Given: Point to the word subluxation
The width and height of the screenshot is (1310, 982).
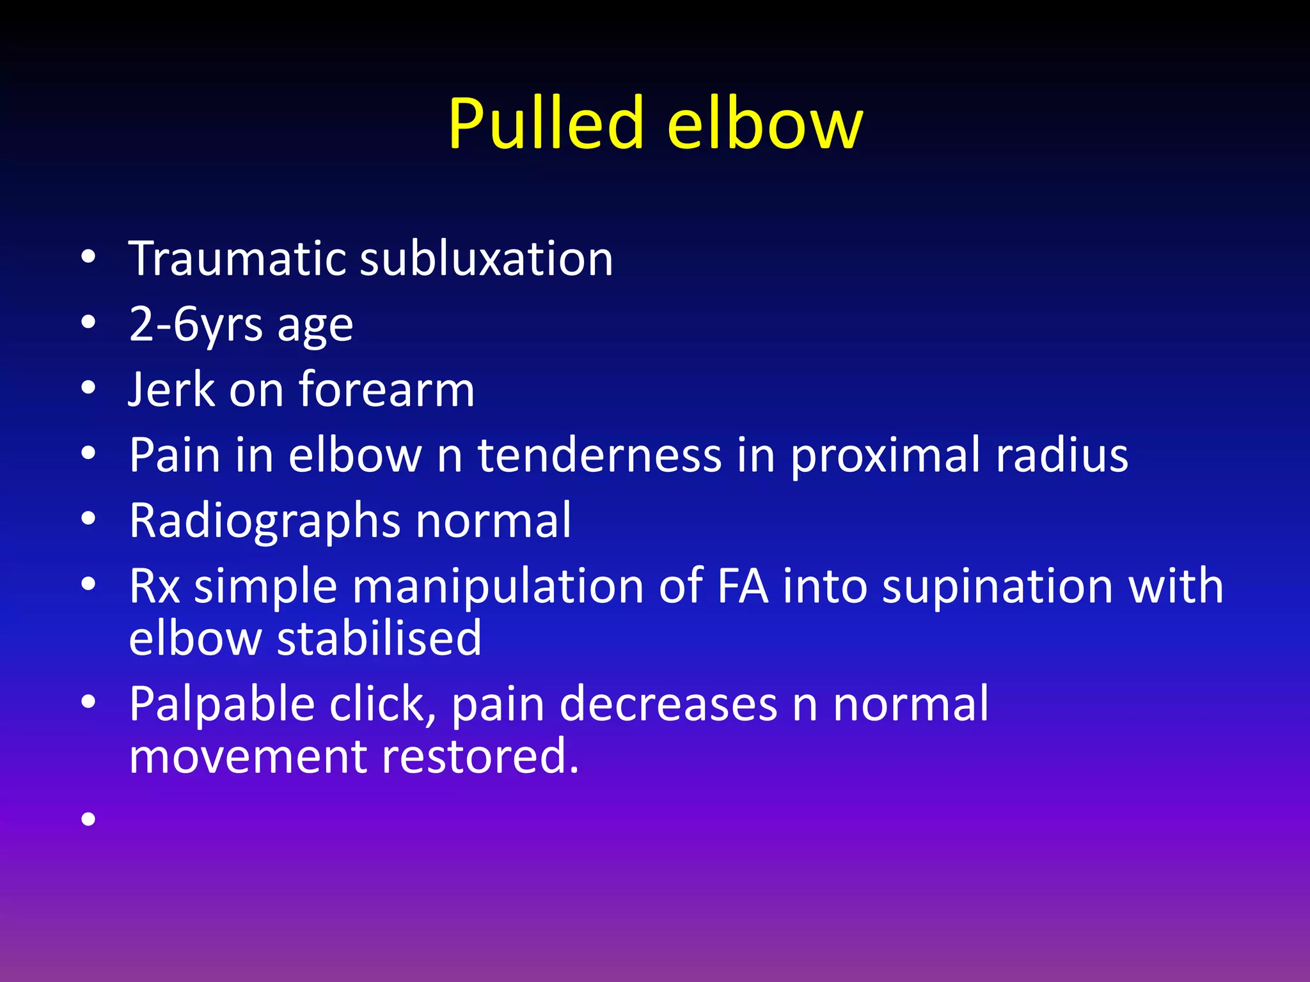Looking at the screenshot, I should coord(486,258).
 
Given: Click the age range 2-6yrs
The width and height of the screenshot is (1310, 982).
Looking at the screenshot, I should coord(196,325).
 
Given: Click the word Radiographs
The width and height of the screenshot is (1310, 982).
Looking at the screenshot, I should coord(265,522).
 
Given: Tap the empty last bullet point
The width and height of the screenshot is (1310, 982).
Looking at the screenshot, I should coord(88,818).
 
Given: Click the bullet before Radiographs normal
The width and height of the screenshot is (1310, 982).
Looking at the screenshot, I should coord(88,518).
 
